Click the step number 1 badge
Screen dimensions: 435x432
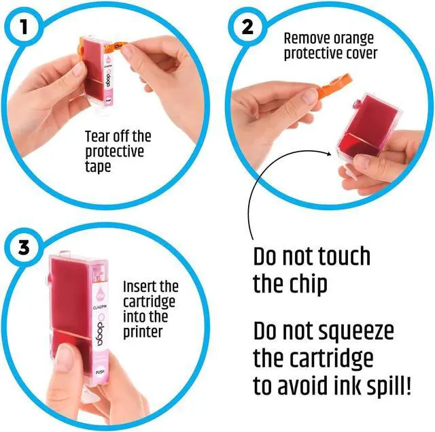pos(24,27)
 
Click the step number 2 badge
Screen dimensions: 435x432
pos(247,27)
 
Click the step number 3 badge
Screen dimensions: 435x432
pos(24,247)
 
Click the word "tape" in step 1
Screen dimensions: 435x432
pos(98,167)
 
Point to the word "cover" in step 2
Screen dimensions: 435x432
pos(362,53)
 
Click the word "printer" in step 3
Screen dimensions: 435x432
pos(143,332)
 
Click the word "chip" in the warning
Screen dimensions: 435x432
pos(309,284)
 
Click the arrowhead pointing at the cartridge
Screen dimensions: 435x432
pos(329,154)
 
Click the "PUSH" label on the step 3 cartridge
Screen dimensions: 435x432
pos(100,371)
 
